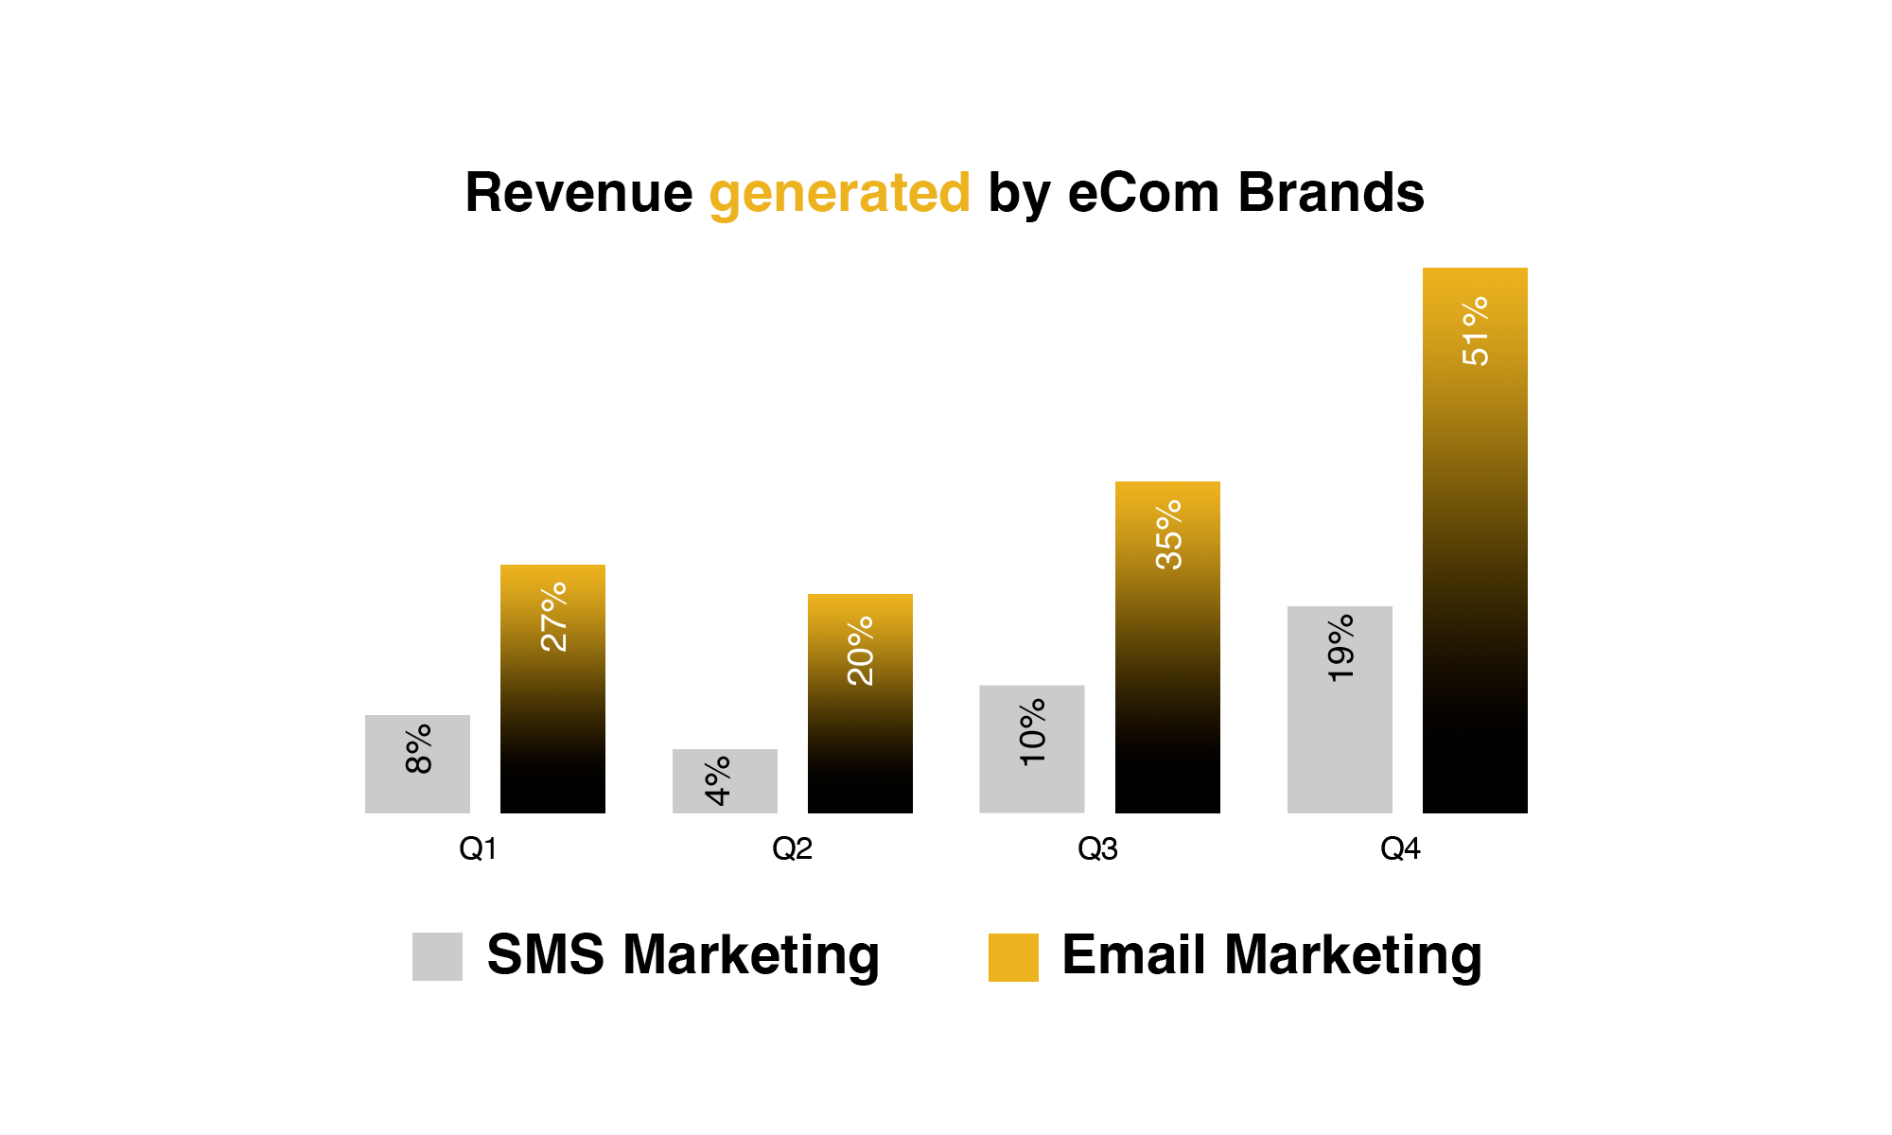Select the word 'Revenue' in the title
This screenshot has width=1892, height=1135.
click(579, 193)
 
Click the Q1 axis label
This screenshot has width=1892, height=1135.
click(478, 849)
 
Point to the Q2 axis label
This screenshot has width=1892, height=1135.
click(792, 849)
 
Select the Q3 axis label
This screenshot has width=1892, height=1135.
click(1097, 849)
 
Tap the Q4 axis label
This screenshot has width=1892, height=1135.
click(1400, 849)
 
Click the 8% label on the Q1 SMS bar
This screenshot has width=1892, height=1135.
click(418, 749)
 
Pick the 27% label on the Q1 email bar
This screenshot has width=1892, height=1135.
click(553, 617)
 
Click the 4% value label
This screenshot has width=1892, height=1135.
click(718, 781)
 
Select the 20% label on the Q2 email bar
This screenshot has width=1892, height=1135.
click(861, 651)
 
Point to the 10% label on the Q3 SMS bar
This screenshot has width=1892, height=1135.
click(1032, 732)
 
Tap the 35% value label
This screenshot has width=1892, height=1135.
click(1169, 534)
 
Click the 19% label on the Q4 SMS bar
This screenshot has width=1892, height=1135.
click(1340, 649)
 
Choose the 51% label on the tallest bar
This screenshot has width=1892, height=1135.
click(1475, 331)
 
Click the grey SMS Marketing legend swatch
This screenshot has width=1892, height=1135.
click(437, 956)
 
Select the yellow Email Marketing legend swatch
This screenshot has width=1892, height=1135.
click(1013, 957)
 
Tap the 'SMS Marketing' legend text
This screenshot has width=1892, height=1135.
click(683, 955)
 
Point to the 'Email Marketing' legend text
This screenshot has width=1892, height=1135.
click(1271, 955)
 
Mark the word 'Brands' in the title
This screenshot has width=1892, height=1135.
click(1331, 193)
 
